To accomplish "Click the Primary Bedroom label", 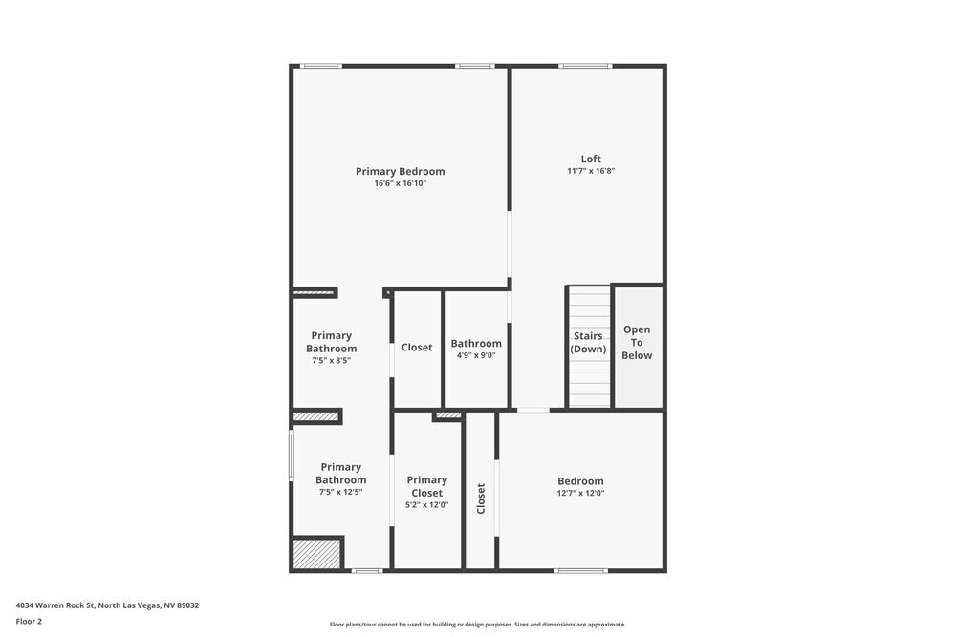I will [400, 172].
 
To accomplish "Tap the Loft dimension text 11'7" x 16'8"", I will [590, 171].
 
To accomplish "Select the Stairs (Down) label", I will [588, 342].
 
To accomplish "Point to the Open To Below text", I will [637, 343].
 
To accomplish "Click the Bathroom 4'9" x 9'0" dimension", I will [476, 355].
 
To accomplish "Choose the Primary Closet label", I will [426, 486].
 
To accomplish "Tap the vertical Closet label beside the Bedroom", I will [481, 499].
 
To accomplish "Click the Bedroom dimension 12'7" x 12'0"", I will [580, 494].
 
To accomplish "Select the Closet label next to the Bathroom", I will [417, 348].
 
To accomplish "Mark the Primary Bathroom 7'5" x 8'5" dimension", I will [331, 361].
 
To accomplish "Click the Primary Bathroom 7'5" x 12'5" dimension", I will [340, 493].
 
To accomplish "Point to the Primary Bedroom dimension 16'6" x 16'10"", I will [400, 183].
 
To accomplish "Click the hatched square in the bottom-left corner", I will [316, 555].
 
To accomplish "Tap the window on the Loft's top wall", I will [585, 66].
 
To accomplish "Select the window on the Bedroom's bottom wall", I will [580, 571].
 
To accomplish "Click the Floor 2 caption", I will [29, 621].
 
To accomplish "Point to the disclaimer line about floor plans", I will [477, 625].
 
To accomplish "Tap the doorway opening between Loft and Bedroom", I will [532, 411].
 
